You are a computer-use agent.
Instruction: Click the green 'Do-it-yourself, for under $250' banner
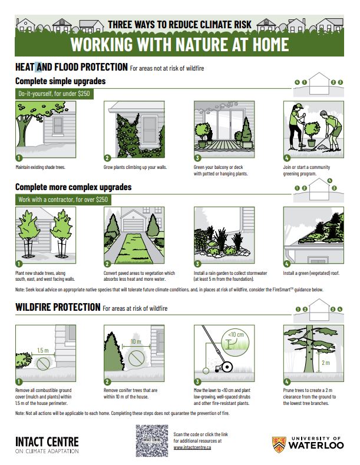point(54,94)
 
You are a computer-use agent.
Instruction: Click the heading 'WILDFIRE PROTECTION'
point(57,307)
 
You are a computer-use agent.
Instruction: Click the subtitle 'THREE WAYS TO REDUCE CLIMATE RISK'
point(179,24)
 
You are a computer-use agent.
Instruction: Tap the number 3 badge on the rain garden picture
point(198,264)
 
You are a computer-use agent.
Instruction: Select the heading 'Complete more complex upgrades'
point(73,187)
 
